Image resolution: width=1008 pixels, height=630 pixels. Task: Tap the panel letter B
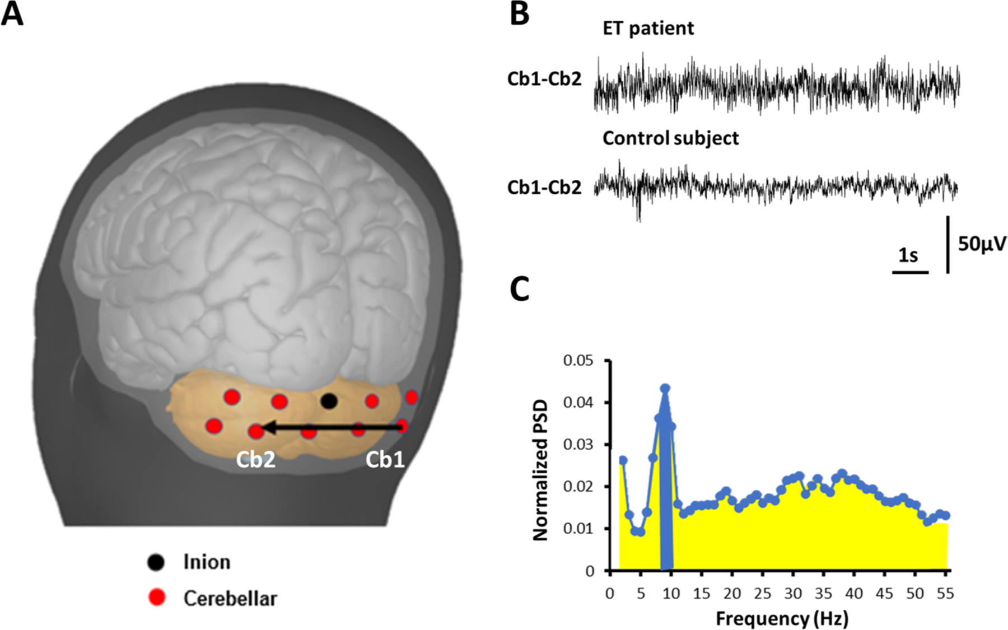click(x=519, y=13)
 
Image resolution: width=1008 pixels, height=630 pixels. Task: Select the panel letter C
click(x=520, y=290)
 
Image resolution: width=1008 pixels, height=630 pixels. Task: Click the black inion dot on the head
click(x=329, y=401)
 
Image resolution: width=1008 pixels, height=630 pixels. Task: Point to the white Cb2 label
click(x=255, y=459)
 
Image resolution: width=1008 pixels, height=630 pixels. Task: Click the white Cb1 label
click(x=385, y=459)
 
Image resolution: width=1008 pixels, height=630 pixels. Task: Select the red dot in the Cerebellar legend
click(x=157, y=598)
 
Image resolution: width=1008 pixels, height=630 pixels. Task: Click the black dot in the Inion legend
click(x=156, y=562)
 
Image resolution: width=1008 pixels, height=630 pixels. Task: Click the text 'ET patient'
click(x=648, y=28)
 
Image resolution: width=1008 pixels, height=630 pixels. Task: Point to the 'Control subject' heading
click(x=670, y=138)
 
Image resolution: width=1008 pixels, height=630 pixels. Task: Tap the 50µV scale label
click(x=982, y=244)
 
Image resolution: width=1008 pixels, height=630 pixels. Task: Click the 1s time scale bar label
click(x=908, y=255)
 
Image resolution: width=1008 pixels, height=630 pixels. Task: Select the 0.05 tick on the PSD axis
click(x=578, y=360)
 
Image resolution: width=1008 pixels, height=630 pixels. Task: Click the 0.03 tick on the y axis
click(x=578, y=445)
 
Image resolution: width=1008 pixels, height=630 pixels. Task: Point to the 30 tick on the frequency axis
click(x=793, y=593)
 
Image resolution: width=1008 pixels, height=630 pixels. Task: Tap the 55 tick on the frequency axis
click(x=945, y=593)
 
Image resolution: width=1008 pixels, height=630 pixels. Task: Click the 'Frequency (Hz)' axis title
click(x=782, y=618)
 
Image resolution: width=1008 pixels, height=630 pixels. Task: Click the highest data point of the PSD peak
click(x=665, y=388)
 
